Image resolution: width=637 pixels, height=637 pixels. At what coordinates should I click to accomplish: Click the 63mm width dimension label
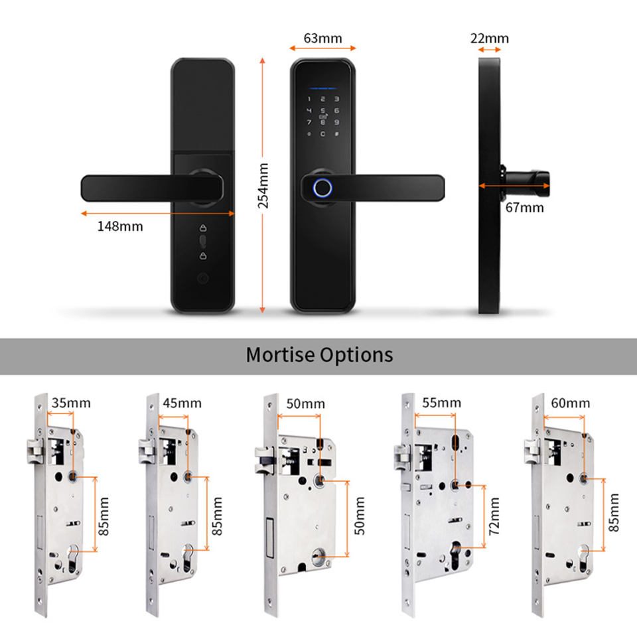323,38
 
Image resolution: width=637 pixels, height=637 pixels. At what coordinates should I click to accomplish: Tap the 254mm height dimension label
263,186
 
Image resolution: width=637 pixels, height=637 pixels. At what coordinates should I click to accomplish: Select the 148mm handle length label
120,226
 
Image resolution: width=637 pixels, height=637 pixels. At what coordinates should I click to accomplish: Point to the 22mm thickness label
494,38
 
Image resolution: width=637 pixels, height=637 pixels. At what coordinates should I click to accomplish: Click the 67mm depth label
524,208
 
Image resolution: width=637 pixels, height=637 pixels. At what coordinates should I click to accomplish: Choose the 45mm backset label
182,403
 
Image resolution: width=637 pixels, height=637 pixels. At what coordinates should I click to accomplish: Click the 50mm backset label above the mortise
306,403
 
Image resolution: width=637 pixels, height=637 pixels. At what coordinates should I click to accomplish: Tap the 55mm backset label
441,403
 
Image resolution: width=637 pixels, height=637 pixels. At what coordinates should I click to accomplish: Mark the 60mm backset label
570,403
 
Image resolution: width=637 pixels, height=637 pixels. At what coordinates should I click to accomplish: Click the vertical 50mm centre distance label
360,518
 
